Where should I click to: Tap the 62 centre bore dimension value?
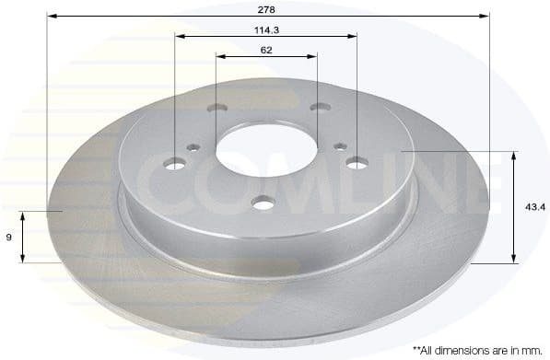pyautogui.click(x=266, y=49)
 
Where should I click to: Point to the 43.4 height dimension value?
pyautogui.click(x=532, y=208)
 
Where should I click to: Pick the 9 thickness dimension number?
pyautogui.click(x=8, y=238)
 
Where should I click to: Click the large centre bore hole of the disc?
pyautogui.click(x=266, y=148)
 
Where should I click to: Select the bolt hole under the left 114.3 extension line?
pyautogui.click(x=175, y=164)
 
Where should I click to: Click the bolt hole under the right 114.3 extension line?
pyautogui.click(x=357, y=163)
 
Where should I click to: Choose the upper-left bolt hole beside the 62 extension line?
pyautogui.click(x=216, y=109)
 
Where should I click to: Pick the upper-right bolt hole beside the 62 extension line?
pyautogui.click(x=319, y=108)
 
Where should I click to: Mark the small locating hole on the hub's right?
pyautogui.click(x=341, y=145)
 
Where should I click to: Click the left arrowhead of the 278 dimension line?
pyautogui.click(x=51, y=17)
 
